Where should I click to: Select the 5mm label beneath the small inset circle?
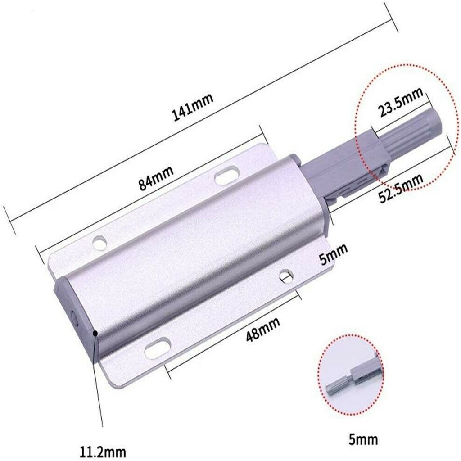pyautogui.click(x=362, y=438)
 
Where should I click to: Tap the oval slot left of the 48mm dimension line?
pyautogui.click(x=157, y=348)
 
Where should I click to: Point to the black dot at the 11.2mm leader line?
pyautogui.click(x=95, y=333)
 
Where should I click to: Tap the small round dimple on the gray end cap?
pyautogui.click(x=74, y=315)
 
